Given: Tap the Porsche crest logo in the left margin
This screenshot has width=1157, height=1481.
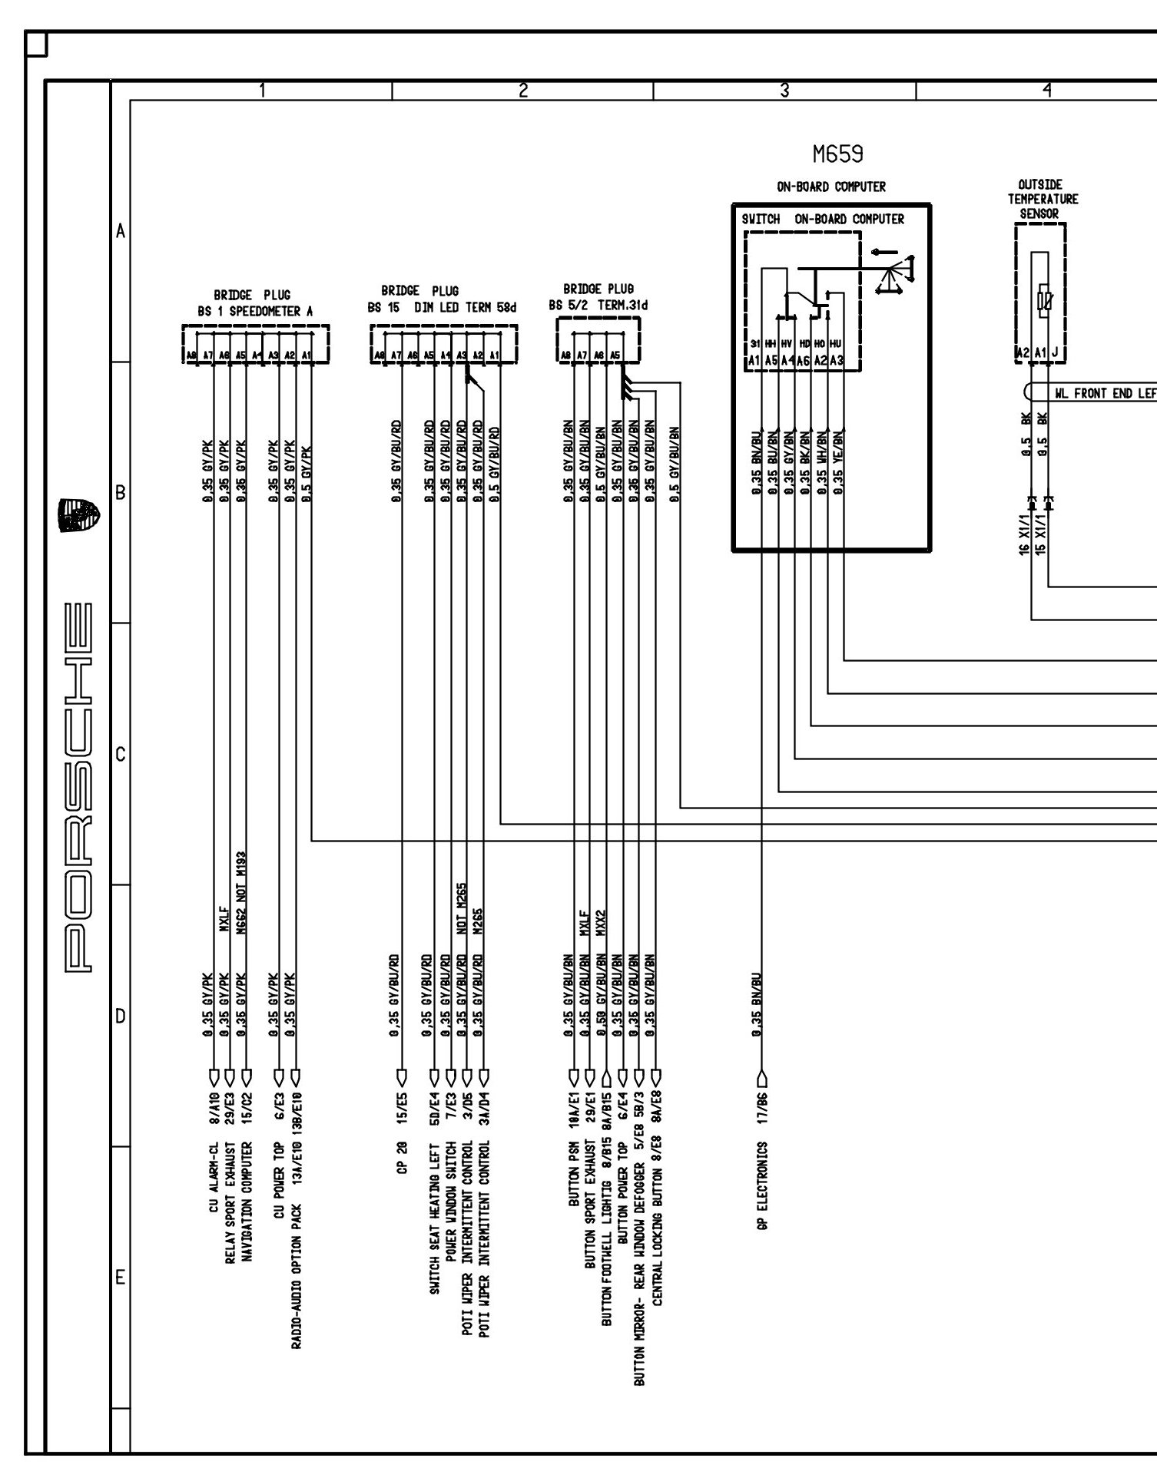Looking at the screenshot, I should pyautogui.click(x=79, y=516).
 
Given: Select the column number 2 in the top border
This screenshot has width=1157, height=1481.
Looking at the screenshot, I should pyautogui.click(x=523, y=91).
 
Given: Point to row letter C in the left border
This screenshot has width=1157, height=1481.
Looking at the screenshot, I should pyautogui.click(x=120, y=755).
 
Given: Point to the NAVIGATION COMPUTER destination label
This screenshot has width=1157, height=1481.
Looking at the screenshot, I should pyautogui.click(x=247, y=1200).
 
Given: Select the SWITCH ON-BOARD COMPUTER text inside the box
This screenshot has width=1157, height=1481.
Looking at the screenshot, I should pyautogui.click(x=823, y=220).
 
